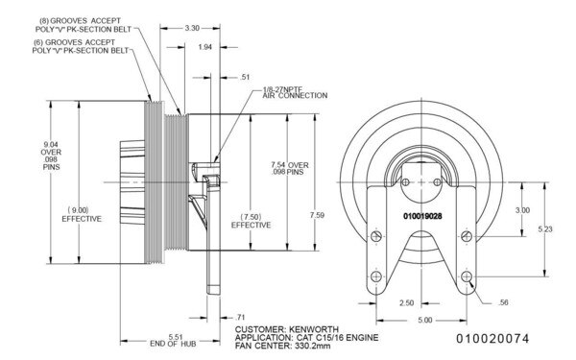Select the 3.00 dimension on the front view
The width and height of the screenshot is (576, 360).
pos(522,209)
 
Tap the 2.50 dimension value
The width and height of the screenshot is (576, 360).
pos(406,302)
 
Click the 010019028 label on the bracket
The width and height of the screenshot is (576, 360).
pos(423,217)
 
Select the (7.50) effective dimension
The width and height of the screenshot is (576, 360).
pos(251,219)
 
